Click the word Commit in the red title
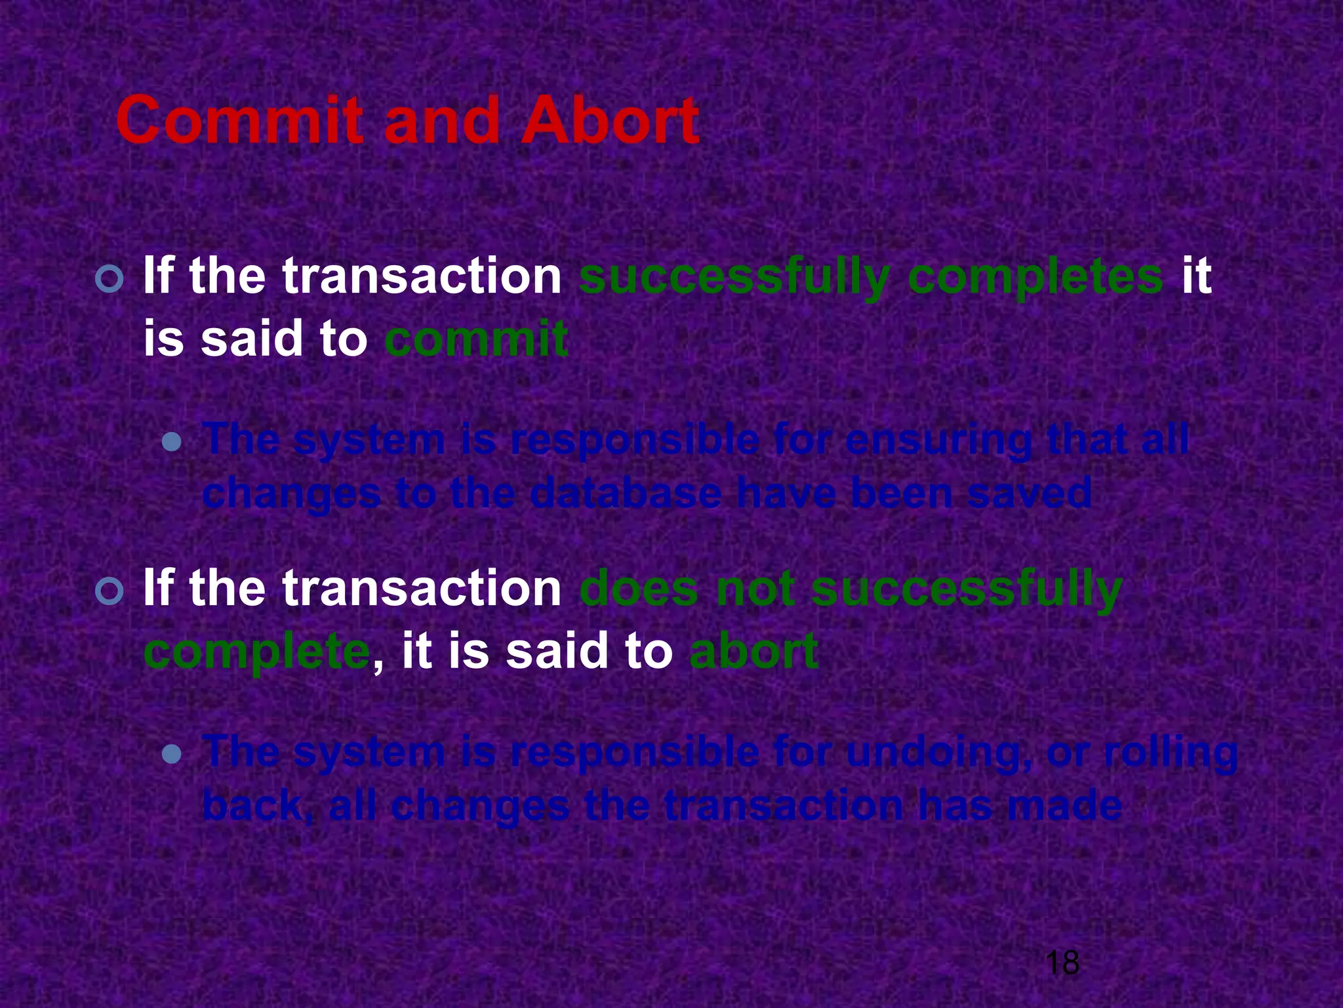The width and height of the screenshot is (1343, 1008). coord(239,121)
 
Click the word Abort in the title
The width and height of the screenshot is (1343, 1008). coord(610,121)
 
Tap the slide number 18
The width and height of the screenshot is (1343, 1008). coord(1062,963)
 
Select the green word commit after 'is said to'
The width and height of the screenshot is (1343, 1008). coord(476,339)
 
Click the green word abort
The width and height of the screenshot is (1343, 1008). coord(753,651)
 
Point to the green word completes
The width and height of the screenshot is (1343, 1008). coord(1035,277)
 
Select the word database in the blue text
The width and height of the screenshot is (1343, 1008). coord(626,493)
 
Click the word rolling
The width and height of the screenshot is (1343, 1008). coord(1171,752)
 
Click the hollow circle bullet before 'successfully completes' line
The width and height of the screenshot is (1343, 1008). coord(109,280)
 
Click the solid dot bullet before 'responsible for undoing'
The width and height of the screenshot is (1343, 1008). coord(172,755)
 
